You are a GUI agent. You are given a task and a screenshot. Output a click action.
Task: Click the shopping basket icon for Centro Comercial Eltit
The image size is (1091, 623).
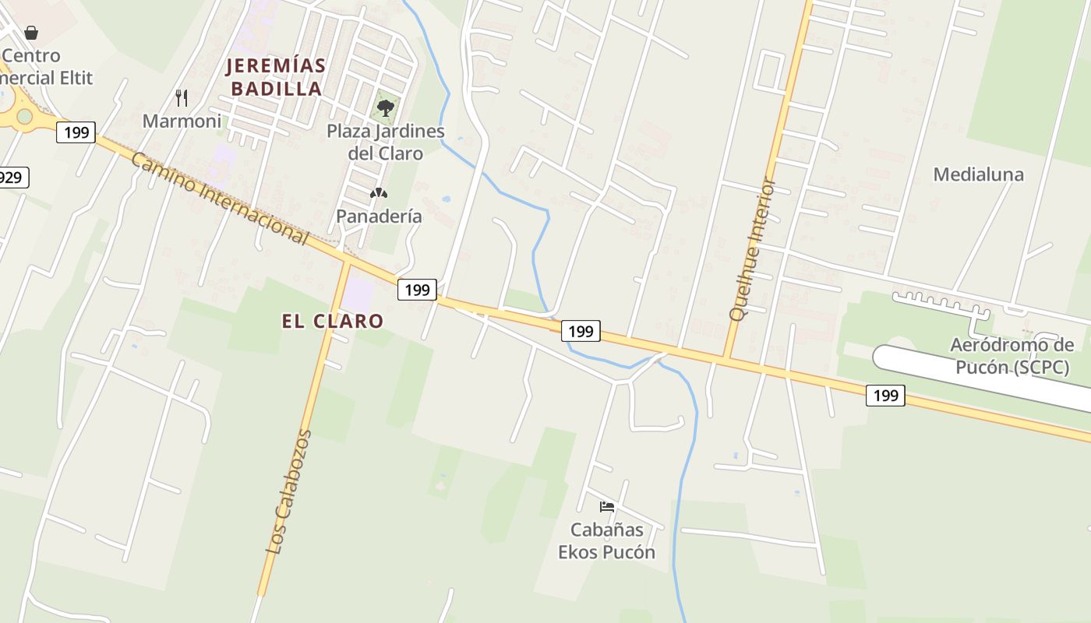point(31,33)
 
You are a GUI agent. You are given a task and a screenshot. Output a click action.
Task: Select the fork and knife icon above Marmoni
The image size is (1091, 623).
point(182,97)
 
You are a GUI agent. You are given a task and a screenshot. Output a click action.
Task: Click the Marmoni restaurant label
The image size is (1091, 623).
point(182,121)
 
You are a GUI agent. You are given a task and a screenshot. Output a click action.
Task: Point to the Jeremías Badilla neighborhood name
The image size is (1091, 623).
point(276,77)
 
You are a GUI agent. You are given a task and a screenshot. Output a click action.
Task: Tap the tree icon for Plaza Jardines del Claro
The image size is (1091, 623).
point(385,107)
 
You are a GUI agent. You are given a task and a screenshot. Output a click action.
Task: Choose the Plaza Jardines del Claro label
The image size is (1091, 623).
point(385,142)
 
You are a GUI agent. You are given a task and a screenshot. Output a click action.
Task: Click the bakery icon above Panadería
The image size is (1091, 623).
point(379,193)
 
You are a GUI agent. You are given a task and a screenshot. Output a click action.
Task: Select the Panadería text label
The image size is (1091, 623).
point(379,216)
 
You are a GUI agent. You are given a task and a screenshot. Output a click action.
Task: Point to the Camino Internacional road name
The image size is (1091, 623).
point(219,198)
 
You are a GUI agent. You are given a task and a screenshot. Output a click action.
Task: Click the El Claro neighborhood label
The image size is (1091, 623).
point(333,321)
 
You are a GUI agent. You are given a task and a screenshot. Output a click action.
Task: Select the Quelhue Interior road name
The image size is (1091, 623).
point(752,250)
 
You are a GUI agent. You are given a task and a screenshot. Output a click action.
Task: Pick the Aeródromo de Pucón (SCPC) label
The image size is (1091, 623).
point(1012,356)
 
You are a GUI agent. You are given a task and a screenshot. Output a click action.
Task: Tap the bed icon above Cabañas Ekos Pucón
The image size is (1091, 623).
point(607,507)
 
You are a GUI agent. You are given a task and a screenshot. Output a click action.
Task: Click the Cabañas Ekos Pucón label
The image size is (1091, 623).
point(606,540)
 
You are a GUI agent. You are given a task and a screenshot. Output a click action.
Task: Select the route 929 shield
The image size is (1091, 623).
point(12,178)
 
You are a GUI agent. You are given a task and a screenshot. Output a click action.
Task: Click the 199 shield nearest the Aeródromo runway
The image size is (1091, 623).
point(885,396)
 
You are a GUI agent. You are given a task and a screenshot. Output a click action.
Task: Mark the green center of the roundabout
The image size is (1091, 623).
point(24,117)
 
